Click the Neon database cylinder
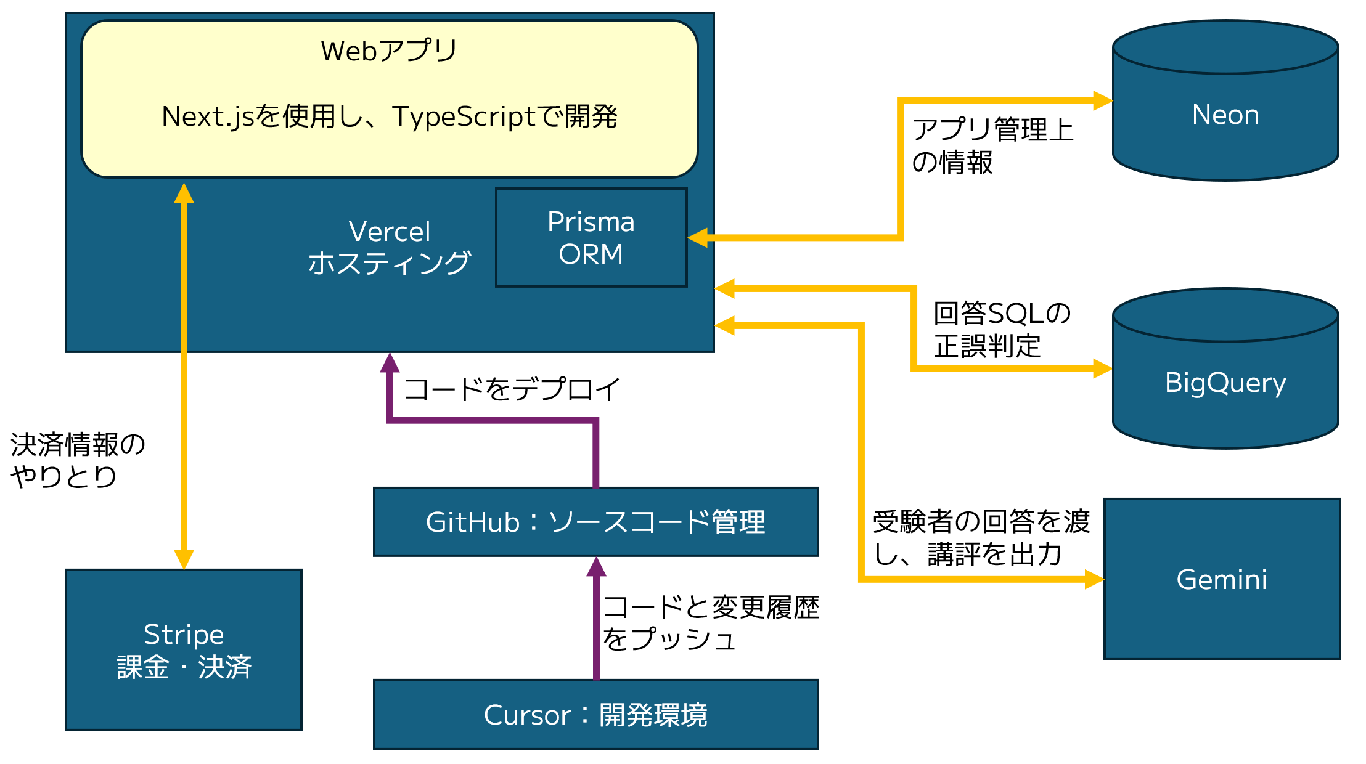pos(1225,100)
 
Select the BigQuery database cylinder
pos(1225,368)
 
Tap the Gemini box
pos(1222,579)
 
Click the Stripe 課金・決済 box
pos(184,650)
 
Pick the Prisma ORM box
pos(591,238)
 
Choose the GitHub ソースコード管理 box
pos(596,522)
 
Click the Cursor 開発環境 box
pos(596,715)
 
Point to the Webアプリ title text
pos(389,51)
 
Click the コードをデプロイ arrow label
pos(512,389)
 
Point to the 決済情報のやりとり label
pos(78,460)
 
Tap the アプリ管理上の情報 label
pos(993,146)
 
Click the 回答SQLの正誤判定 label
pos(1002,330)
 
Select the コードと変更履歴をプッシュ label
pos(711,623)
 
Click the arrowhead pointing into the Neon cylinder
pos(1103,100)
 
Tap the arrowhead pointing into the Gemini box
pos(1094,579)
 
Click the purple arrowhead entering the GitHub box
pos(596,567)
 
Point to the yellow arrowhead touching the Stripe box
pos(184,559)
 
